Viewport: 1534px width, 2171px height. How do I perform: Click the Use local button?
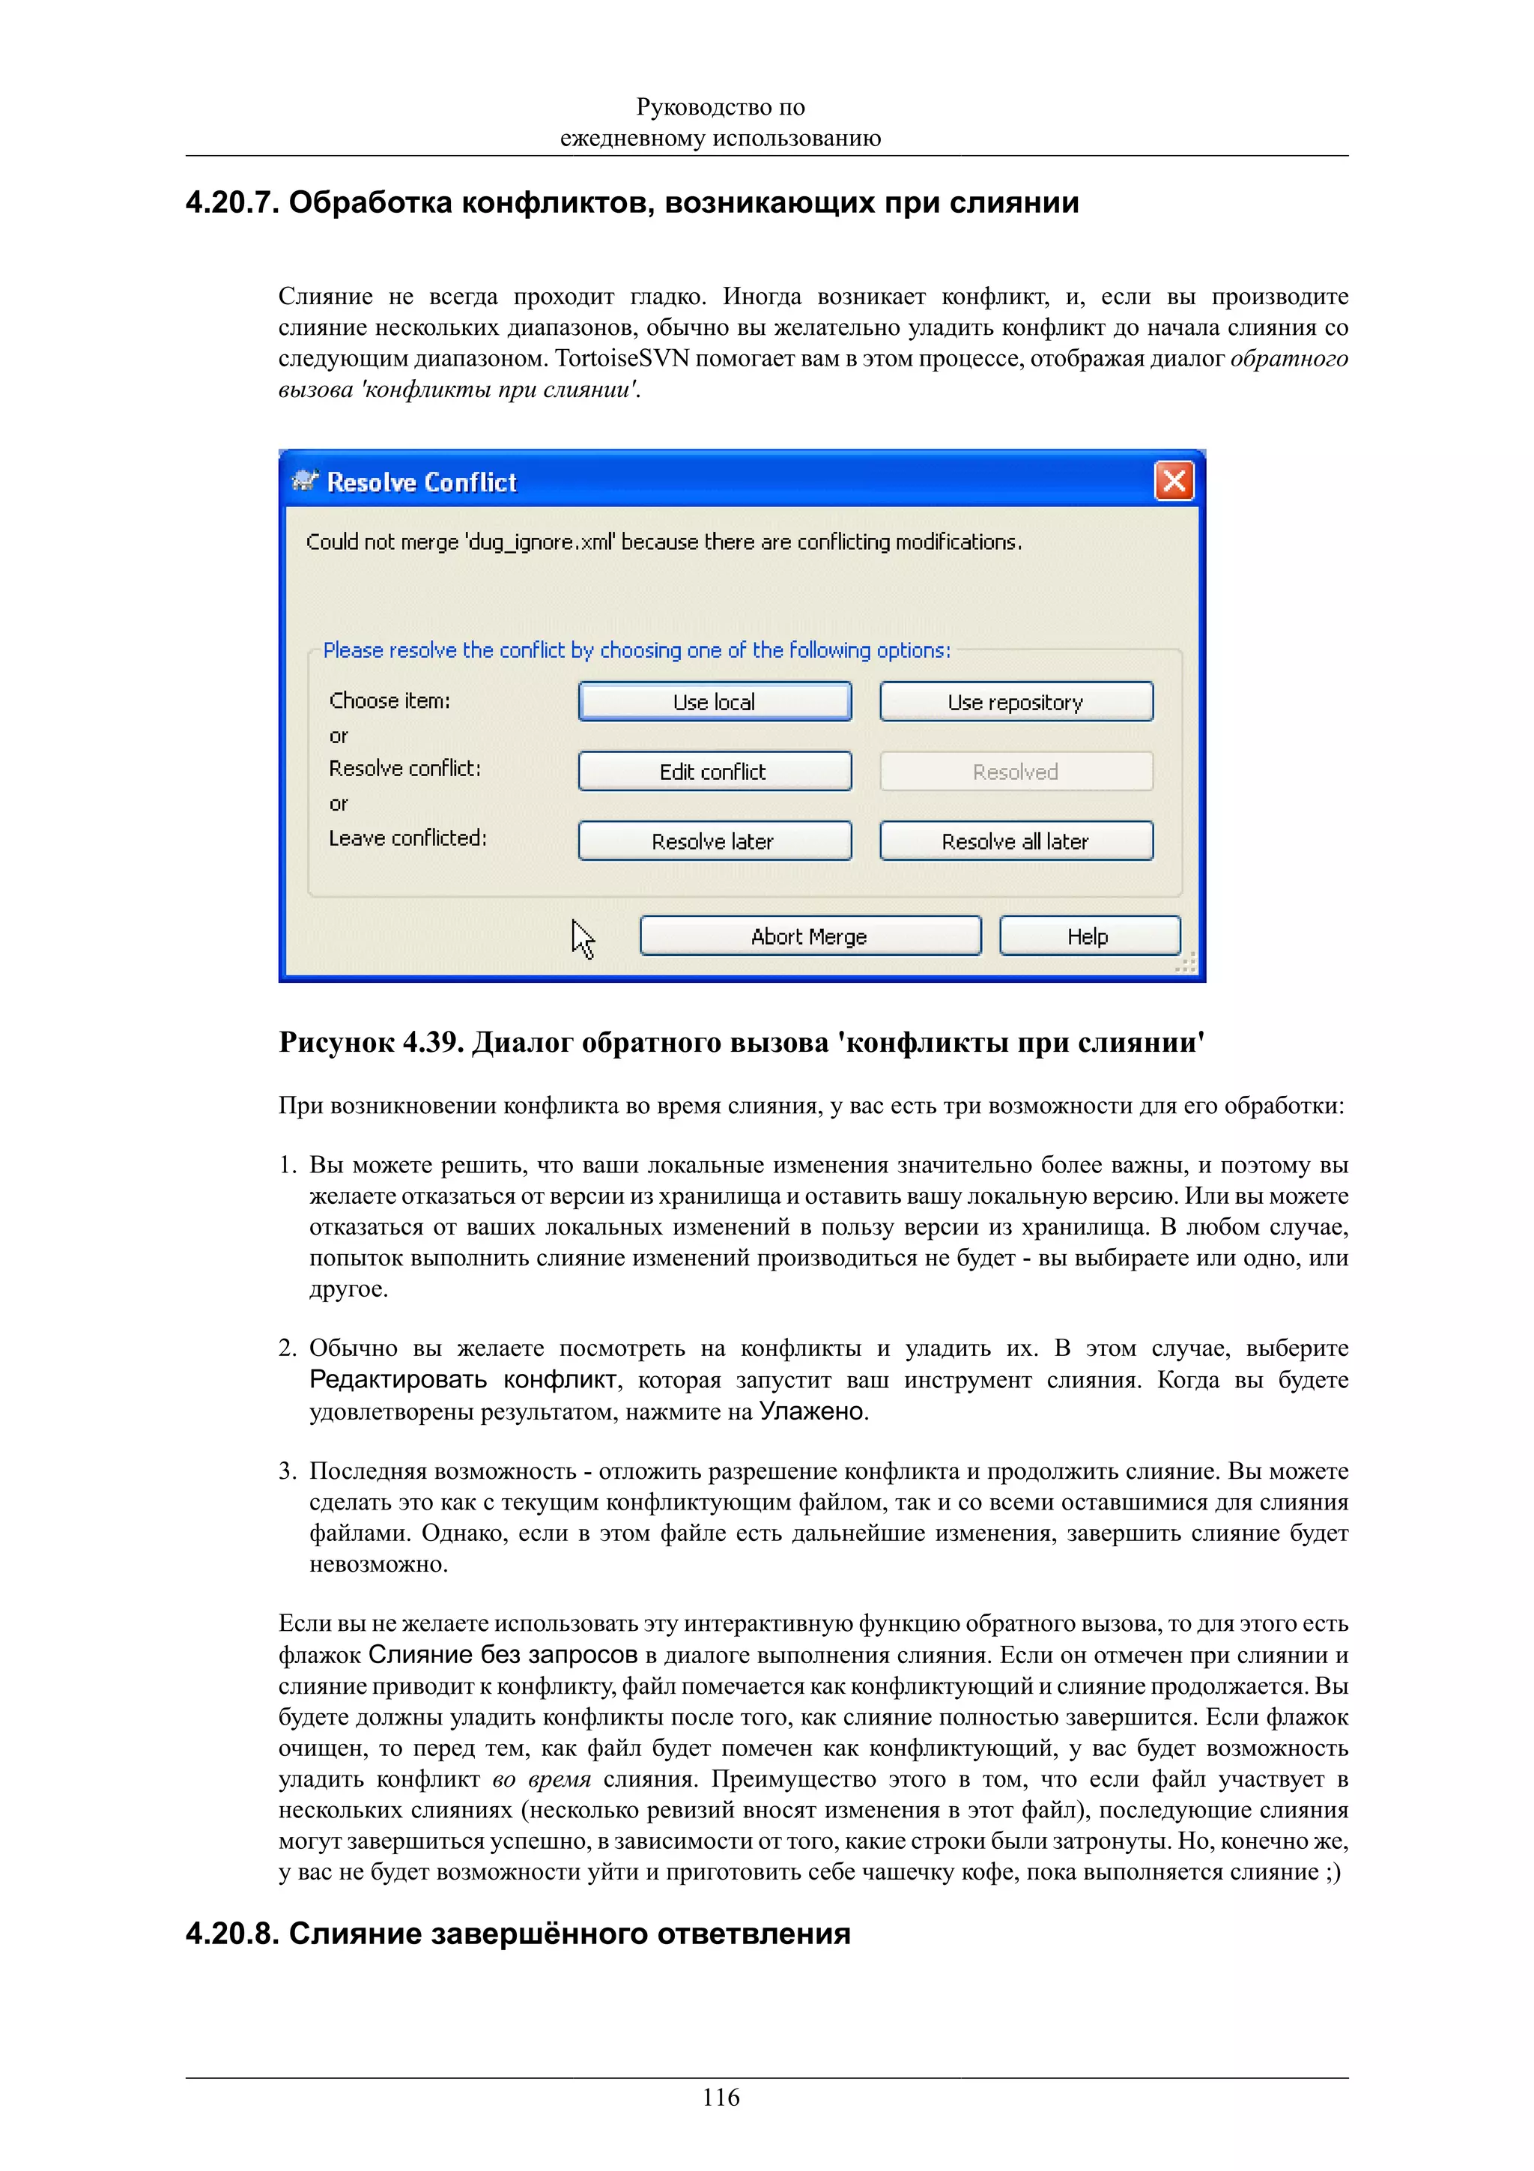click(x=715, y=702)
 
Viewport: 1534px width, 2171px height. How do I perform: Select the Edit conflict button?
click(x=715, y=772)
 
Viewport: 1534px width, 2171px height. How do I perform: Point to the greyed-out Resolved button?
click(x=1016, y=772)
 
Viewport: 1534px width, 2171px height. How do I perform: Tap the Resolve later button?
click(x=715, y=841)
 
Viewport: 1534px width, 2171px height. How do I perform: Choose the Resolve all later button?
click(x=1016, y=841)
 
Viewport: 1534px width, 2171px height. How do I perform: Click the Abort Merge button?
click(x=810, y=936)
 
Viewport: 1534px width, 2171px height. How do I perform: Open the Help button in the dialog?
click(x=1089, y=936)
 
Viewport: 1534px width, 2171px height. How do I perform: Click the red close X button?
click(x=1174, y=481)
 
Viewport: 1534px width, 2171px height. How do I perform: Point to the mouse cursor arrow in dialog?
click(x=582, y=939)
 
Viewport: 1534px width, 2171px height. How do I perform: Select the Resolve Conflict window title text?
click(x=422, y=482)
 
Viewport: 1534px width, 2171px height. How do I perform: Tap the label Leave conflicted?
click(x=407, y=838)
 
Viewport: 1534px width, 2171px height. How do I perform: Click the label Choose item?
click(x=389, y=700)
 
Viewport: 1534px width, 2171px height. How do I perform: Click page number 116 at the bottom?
click(x=721, y=2098)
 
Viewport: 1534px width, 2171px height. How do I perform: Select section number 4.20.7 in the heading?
click(x=231, y=202)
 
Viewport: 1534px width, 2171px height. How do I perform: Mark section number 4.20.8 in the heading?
click(x=231, y=1934)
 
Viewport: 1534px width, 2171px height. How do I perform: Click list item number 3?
click(x=288, y=1471)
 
